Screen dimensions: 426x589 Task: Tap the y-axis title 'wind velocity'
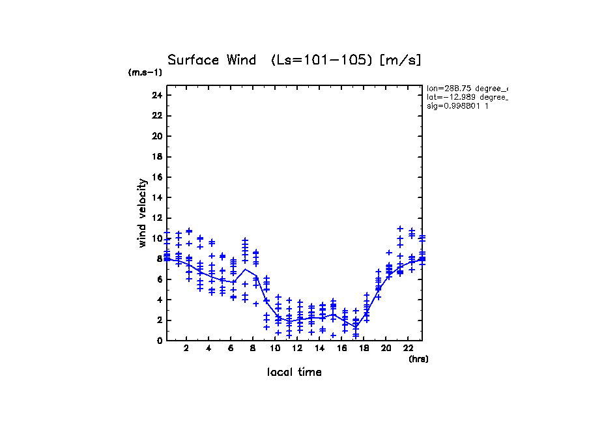pos(142,213)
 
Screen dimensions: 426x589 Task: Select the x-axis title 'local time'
pos(294,372)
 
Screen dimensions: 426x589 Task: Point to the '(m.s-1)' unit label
pos(145,72)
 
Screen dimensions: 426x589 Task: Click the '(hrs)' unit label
pos(418,358)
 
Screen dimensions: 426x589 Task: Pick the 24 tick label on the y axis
pos(156,95)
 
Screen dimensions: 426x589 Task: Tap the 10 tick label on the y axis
pos(156,238)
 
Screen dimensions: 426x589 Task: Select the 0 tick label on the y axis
pos(160,341)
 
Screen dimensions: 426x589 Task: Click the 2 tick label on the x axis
pos(187,348)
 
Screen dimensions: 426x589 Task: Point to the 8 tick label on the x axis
pos(253,348)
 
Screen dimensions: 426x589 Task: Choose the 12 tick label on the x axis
pos(297,348)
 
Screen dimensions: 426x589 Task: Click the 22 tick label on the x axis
pos(407,348)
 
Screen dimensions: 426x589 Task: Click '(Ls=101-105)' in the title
pos(322,60)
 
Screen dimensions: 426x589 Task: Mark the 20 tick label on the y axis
pos(156,136)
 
